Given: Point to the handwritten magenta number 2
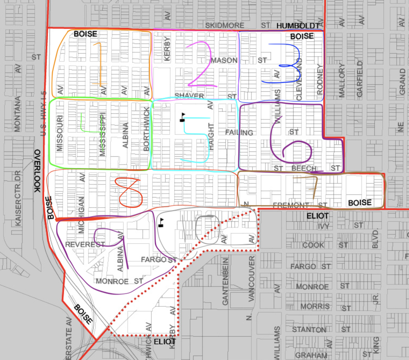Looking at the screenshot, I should (x=200, y=64).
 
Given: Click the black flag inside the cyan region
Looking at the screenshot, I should (x=183, y=117).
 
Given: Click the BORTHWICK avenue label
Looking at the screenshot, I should (x=147, y=130).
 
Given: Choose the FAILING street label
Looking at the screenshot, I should (x=239, y=133).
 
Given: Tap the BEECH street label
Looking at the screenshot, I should (x=304, y=169).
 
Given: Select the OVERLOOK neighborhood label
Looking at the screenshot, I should (x=37, y=171).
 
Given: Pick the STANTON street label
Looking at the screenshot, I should (x=309, y=330).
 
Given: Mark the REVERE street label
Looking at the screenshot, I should (x=85, y=244).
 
